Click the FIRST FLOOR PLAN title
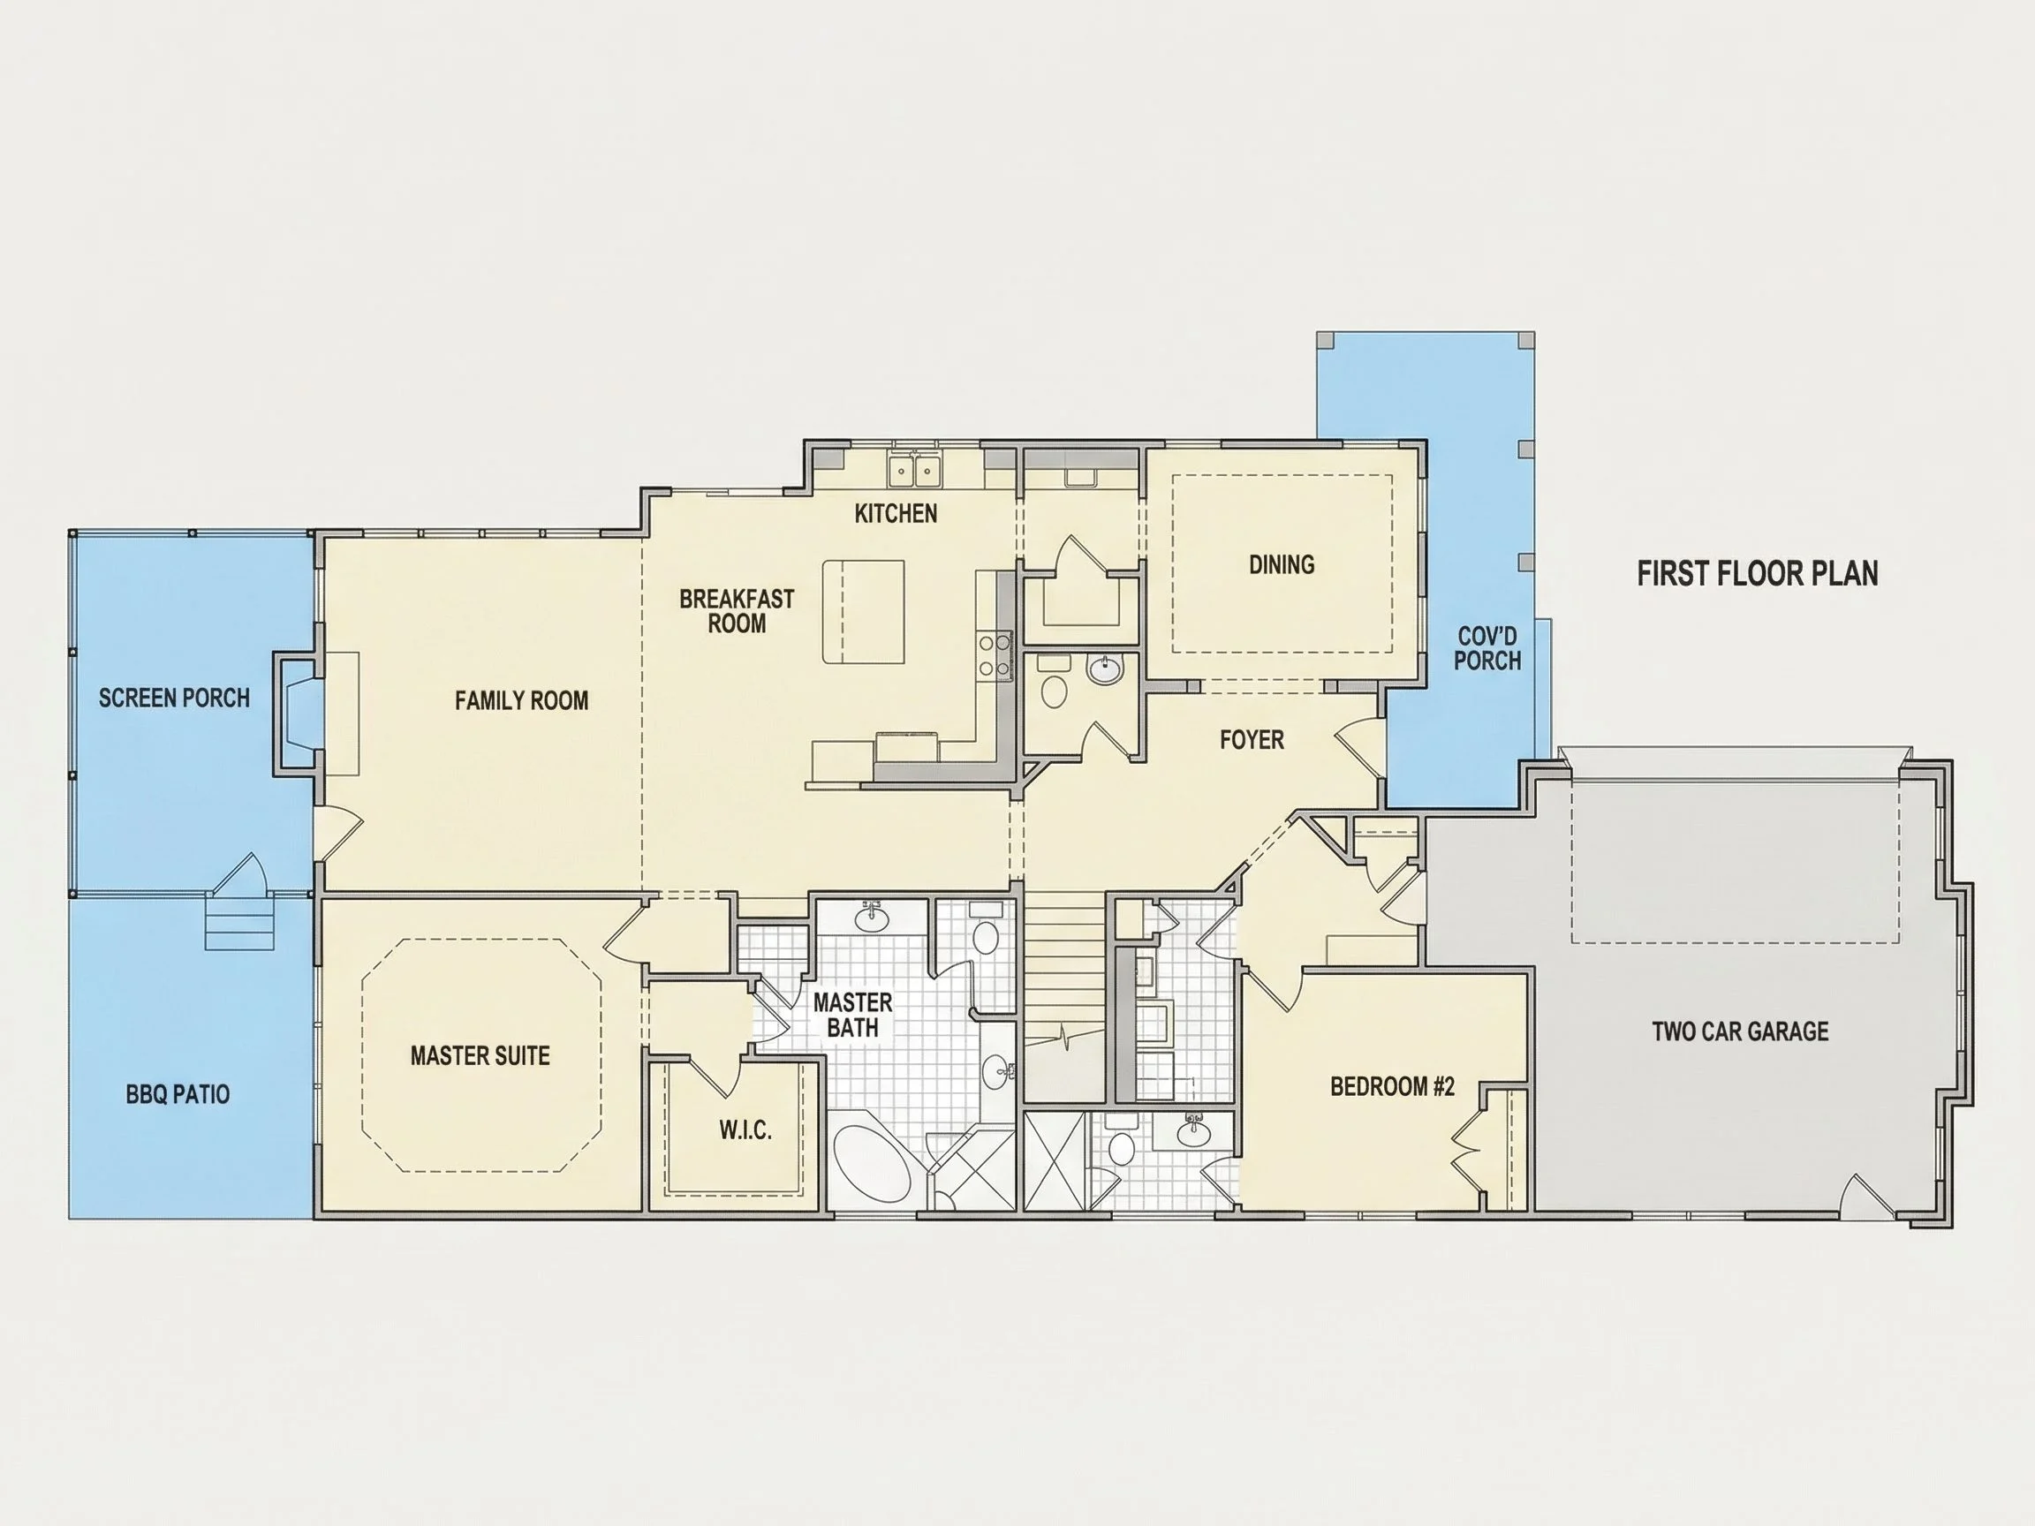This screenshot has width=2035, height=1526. coord(1757,573)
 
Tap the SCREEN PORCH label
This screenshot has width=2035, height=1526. coord(174,699)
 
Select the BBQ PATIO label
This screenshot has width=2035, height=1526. coord(178,1093)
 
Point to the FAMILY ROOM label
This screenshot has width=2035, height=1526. coord(522,701)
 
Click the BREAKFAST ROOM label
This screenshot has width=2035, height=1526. coord(737,611)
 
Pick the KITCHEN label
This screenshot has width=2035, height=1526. coord(896,513)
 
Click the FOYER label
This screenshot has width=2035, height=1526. coord(1252,739)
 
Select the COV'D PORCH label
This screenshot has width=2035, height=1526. coord(1487,647)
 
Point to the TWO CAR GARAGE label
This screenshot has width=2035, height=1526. coord(1741,1031)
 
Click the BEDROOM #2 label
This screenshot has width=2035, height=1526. coord(1393,1086)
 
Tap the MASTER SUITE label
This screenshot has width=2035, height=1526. coord(480,1055)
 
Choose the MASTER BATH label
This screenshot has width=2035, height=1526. coord(853,1015)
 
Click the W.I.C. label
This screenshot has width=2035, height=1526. coord(745,1129)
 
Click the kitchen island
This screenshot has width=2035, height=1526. coord(863,612)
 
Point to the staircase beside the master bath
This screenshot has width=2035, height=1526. coord(1065,997)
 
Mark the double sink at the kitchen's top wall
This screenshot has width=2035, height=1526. coord(914,470)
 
